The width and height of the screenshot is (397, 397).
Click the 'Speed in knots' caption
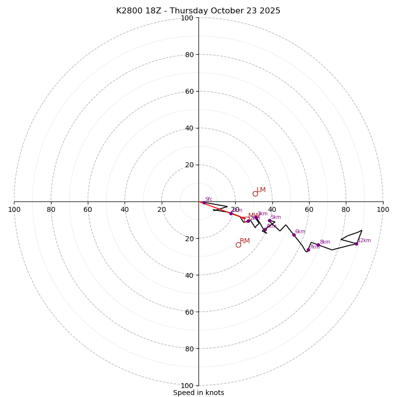198,393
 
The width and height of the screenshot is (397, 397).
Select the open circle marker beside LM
255,194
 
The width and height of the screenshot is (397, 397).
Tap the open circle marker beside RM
238,245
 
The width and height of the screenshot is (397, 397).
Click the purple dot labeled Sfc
204,202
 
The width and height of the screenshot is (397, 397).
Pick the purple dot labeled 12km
356,244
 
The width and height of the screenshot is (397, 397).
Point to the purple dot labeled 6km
294,235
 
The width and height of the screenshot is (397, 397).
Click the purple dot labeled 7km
308,250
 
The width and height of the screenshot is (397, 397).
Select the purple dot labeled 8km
318,245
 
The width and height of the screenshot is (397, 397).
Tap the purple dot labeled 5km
269,220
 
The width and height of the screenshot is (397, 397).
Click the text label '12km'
364,241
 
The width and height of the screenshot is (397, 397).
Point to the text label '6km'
300,232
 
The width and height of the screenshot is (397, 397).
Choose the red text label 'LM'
261,190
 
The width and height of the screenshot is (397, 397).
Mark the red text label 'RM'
245,241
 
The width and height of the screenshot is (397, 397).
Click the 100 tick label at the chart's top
187,18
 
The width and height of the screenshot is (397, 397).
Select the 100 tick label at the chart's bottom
187,386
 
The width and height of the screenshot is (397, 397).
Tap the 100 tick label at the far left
14,209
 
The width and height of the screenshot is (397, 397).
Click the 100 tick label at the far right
383,209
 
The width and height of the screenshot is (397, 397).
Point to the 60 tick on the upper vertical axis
189,91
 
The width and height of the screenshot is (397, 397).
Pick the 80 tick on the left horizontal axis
51,209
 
